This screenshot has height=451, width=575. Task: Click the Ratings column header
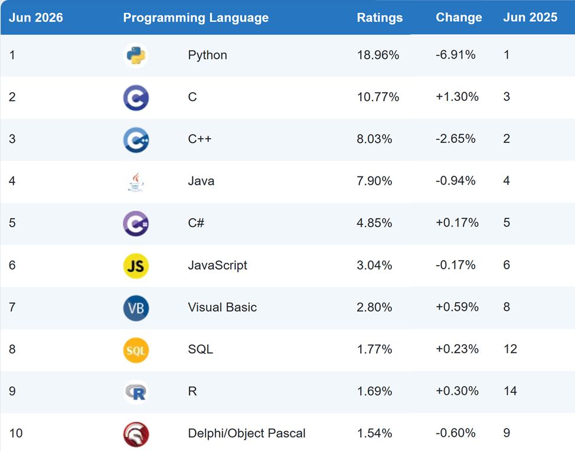click(x=380, y=18)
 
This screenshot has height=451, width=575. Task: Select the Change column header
click(x=459, y=18)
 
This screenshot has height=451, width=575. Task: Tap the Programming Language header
click(x=196, y=18)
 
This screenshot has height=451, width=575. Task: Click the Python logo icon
click(x=136, y=55)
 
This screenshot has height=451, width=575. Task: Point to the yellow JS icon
click(x=136, y=266)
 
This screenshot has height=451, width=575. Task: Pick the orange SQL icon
click(x=136, y=350)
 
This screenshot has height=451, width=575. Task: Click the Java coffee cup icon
click(x=136, y=182)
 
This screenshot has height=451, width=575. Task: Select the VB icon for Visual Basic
click(x=136, y=308)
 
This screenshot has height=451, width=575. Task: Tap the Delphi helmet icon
click(x=136, y=434)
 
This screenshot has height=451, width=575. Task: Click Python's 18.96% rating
click(x=378, y=55)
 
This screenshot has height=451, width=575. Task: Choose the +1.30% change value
click(x=457, y=97)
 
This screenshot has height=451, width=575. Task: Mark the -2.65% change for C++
click(x=455, y=139)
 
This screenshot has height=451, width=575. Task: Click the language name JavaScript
click(x=217, y=266)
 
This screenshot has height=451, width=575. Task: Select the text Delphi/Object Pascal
click(x=246, y=433)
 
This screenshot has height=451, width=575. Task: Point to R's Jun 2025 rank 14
click(x=510, y=391)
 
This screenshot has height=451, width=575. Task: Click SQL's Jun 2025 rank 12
click(x=510, y=349)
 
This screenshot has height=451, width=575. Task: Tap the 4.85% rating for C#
click(x=374, y=223)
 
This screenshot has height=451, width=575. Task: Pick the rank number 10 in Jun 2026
click(x=16, y=433)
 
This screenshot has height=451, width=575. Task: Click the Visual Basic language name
click(x=222, y=308)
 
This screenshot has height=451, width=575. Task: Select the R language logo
click(x=136, y=393)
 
